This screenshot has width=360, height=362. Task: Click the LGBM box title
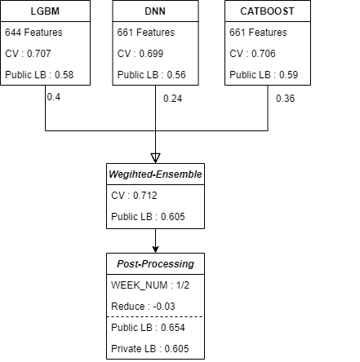(45, 11)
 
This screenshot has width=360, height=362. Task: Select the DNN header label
(155, 11)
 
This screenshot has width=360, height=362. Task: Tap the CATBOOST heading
(267, 11)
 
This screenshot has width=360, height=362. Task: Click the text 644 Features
(33, 33)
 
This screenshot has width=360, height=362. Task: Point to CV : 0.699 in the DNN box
(140, 54)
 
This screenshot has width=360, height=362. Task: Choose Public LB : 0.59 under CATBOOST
(264, 75)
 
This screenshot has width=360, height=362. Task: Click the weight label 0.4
(54, 97)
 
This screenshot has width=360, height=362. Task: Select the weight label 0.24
(172, 99)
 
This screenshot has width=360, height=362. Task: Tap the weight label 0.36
(285, 99)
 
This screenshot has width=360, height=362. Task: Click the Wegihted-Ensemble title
(155, 174)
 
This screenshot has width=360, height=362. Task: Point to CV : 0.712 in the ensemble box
(134, 196)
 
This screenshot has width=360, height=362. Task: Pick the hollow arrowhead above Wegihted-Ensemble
(155, 158)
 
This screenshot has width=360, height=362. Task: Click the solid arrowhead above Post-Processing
(155, 249)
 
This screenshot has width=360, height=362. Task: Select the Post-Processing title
(155, 264)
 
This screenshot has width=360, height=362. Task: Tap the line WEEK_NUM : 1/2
(150, 285)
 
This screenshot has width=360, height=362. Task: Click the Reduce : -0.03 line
(143, 307)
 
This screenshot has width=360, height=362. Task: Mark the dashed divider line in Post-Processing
(155, 316)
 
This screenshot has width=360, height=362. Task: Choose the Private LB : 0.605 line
(150, 349)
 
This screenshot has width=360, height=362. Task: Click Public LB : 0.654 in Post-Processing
(148, 328)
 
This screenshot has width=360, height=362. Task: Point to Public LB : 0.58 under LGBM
(39, 75)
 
